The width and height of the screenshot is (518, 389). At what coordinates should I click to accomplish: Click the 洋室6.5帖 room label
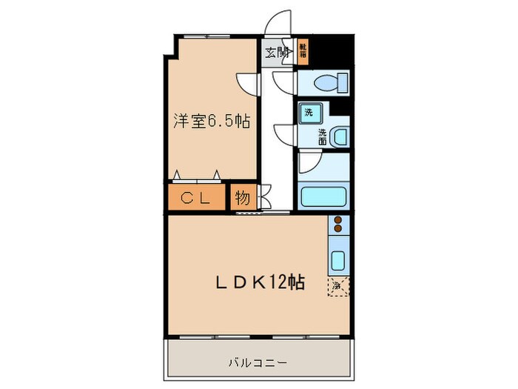(211, 121)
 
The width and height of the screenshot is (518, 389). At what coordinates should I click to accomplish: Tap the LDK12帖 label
(260, 282)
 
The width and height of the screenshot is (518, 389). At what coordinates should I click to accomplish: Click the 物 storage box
(241, 198)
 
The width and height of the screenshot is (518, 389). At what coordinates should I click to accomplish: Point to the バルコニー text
(257, 363)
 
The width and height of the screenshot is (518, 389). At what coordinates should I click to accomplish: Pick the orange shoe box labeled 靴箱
(303, 51)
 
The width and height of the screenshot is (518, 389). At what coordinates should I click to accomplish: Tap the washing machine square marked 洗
(307, 113)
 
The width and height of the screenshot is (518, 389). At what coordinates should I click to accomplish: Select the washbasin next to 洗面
(337, 137)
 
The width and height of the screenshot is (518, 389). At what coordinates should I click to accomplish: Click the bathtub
(323, 197)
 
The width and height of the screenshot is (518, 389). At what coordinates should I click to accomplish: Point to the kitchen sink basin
(337, 262)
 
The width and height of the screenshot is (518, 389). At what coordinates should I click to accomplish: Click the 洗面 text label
(323, 136)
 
